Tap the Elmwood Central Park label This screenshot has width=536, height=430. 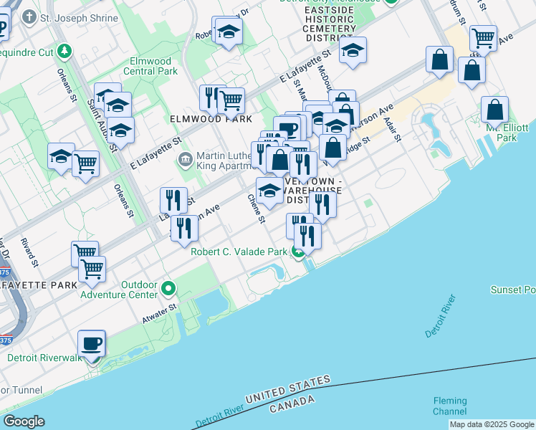coord(150,67)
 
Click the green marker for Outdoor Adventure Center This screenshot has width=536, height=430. coord(168,289)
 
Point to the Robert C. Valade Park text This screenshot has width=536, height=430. coord(239,252)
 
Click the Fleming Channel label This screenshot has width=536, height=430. coord(450,406)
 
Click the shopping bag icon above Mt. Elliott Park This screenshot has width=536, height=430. coord(494,110)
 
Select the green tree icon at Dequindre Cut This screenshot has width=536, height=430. coord(65,51)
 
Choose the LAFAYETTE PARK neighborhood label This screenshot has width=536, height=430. coord(38,285)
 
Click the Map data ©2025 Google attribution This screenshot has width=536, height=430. coord(492,424)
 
